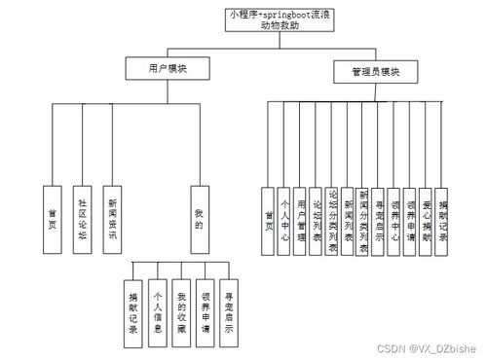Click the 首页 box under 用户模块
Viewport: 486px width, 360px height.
tap(53, 220)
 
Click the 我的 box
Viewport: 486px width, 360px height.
tap(199, 220)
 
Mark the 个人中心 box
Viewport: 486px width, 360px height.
tap(285, 220)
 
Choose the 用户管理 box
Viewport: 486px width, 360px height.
tap(301, 220)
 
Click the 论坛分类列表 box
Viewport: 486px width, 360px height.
tap(332, 220)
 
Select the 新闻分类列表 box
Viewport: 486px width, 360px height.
tap(363, 220)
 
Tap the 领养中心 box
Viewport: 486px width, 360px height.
tap(394, 220)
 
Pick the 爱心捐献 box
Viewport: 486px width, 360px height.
tap(426, 220)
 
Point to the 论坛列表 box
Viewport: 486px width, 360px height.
tap(317, 220)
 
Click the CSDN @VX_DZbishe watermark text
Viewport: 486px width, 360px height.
tap(427, 347)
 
